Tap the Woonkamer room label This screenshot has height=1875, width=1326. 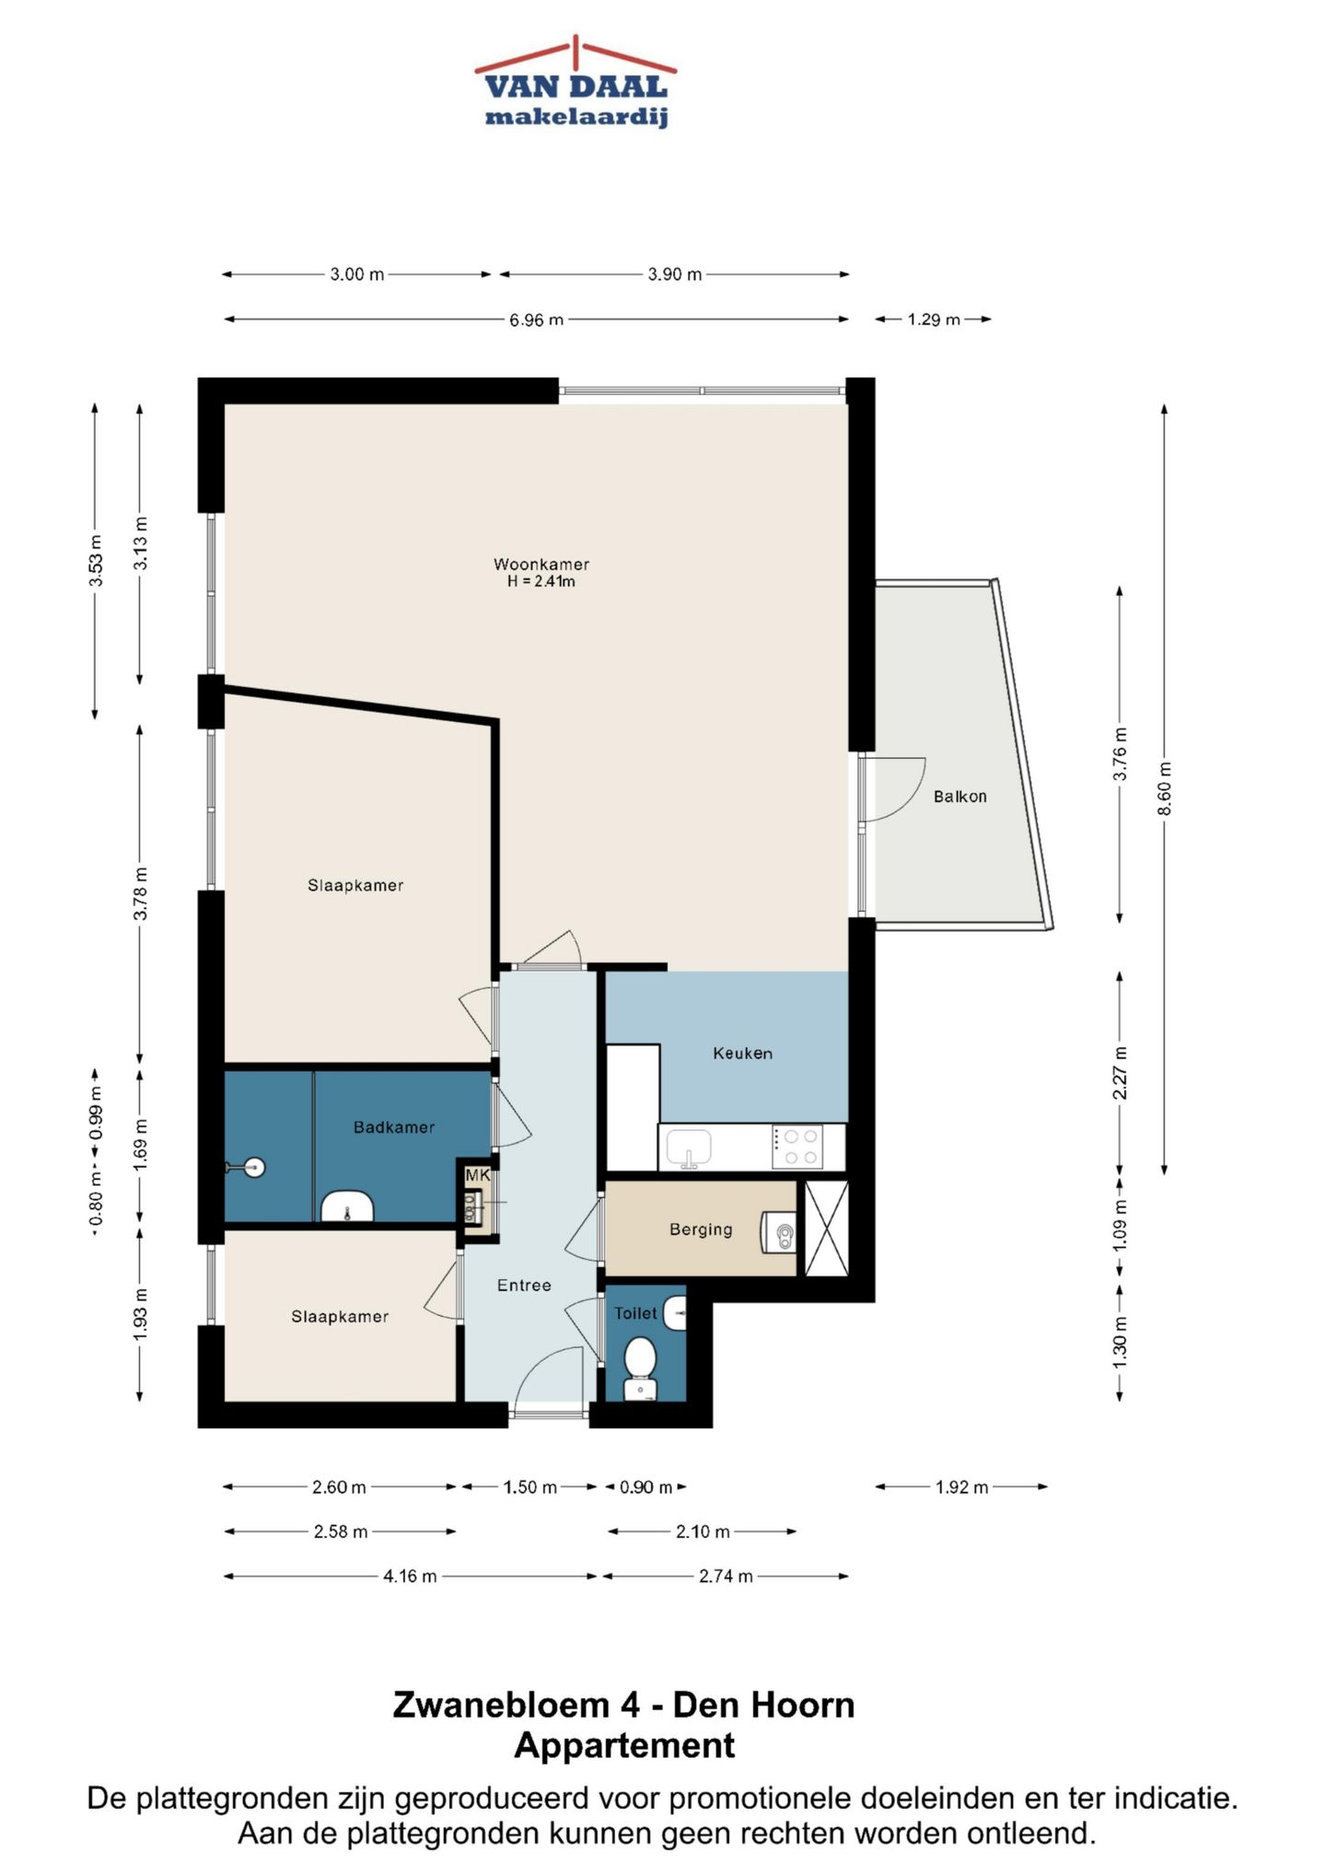[x=541, y=565]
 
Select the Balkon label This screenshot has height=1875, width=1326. [x=960, y=797]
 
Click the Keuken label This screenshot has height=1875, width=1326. [x=742, y=1053]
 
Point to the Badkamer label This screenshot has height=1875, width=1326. [x=394, y=1126]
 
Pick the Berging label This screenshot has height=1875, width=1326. [x=701, y=1229]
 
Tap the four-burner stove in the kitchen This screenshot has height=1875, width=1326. [x=797, y=1147]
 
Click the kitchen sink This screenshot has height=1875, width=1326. [x=689, y=1147]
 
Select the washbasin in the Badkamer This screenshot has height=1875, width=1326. [x=346, y=1206]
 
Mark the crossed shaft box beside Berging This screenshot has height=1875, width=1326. [x=827, y=1229]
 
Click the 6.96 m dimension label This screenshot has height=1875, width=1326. [x=536, y=320]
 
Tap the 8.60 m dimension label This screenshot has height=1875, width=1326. [x=1165, y=788]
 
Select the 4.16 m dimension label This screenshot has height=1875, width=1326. [x=410, y=1576]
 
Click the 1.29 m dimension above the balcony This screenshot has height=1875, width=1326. [x=934, y=320]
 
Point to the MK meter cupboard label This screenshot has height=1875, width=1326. [x=477, y=1175]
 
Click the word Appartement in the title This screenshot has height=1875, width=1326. [x=624, y=1744]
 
